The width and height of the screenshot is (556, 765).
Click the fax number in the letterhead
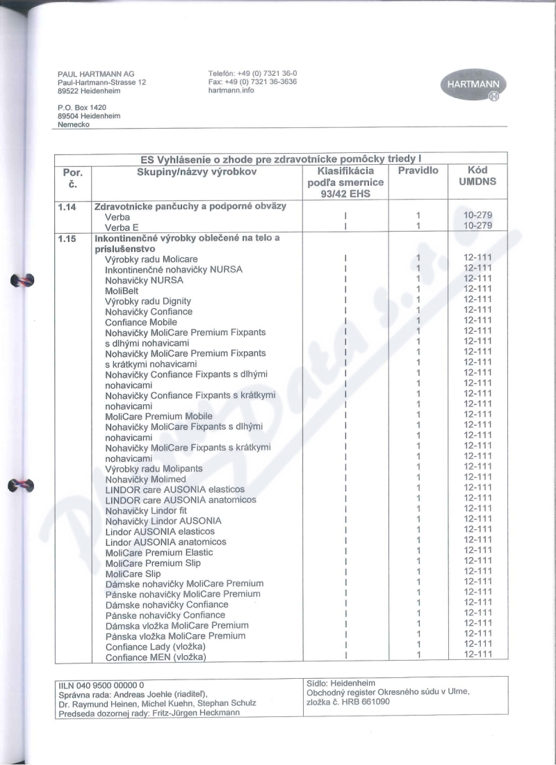(x=252, y=81)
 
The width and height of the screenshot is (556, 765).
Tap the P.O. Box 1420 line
(x=82, y=108)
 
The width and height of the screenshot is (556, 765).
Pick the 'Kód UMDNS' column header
(x=477, y=176)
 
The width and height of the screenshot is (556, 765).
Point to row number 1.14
(x=68, y=207)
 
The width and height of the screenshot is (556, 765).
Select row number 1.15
(x=68, y=239)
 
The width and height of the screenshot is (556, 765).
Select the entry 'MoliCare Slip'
(x=133, y=574)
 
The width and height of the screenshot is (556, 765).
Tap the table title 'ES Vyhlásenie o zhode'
(x=281, y=159)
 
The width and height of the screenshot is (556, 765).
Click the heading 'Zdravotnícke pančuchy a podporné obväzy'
(x=190, y=207)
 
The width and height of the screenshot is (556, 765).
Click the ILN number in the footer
(x=101, y=684)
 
